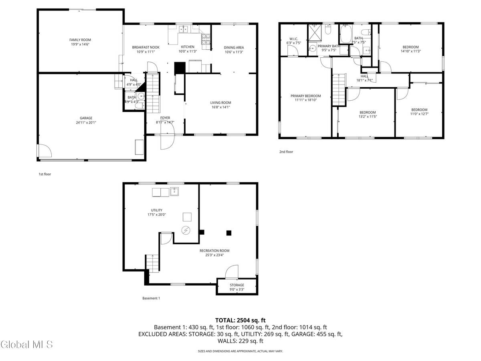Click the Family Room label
pyautogui.click(x=80, y=40)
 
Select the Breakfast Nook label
pyautogui.click(x=146, y=47)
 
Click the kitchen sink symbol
pyautogui.click(x=184, y=29)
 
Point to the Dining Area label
pyautogui.click(x=234, y=47)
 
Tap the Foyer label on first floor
pyautogui.click(x=165, y=118)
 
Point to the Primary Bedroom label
pyautogui.click(x=306, y=96)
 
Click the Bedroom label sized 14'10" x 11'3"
pyautogui.click(x=409, y=47)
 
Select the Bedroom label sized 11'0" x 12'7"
pyautogui.click(x=419, y=110)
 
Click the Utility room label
pyautogui.click(x=157, y=210)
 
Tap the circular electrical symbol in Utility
pyautogui.click(x=186, y=230)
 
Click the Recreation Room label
pyautogui.click(x=214, y=251)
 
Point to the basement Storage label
pyautogui.click(x=236, y=285)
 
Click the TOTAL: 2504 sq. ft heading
pyautogui.click(x=240, y=320)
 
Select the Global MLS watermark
pyautogui.click(x=27, y=344)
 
